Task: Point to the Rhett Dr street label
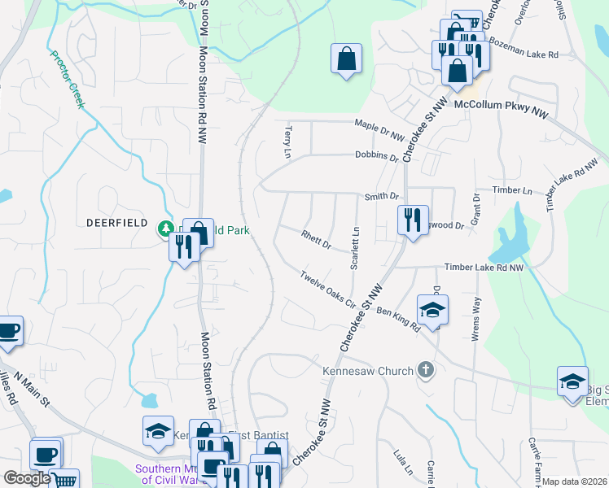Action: pos(317,241)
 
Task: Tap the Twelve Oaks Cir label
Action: pos(328,290)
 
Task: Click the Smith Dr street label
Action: pos(382,196)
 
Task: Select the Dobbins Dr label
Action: pos(376,155)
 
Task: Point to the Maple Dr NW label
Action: pos(379,124)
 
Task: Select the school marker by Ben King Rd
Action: pos(432,309)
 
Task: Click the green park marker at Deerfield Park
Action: pos(167,229)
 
